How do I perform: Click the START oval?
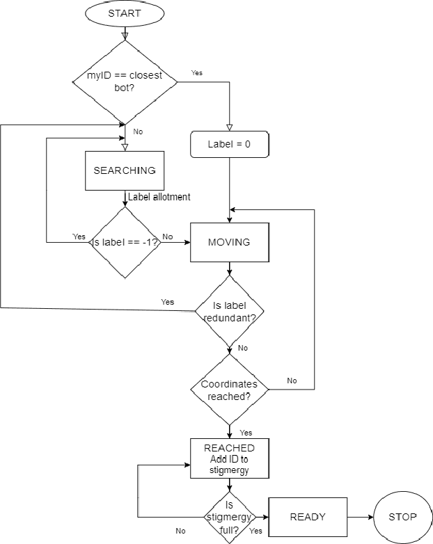pos(125,14)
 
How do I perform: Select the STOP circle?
pos(403,517)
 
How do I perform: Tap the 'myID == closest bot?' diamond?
pos(125,82)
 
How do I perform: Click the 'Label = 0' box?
pos(229,145)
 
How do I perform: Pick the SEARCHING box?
pos(125,170)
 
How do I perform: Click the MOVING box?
pos(229,242)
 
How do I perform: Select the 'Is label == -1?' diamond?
pos(125,242)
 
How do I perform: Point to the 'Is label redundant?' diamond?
pos(229,311)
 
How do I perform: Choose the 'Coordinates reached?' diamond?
pos(229,390)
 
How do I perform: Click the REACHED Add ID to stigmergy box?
pos(229,458)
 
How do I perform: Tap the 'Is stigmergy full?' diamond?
pos(229,517)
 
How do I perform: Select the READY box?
pos(307,517)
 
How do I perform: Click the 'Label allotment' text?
pos(159,198)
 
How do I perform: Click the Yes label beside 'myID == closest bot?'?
pos(198,72)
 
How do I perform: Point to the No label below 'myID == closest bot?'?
pos(138,131)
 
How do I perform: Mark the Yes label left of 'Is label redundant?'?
pos(167,302)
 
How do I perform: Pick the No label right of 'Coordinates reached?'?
pos(292,381)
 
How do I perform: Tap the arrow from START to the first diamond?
pos(125,33)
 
